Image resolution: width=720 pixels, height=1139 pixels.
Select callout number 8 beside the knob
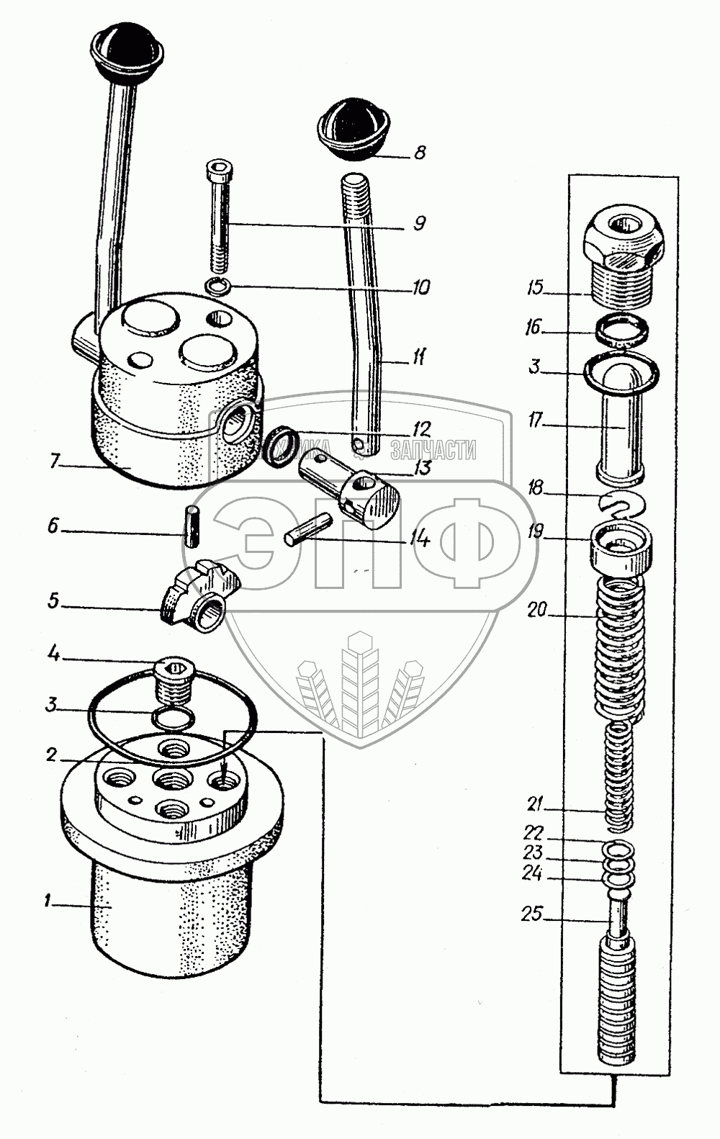click(419, 153)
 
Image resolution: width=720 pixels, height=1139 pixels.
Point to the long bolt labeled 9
click(219, 216)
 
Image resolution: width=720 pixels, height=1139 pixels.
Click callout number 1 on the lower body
click(48, 901)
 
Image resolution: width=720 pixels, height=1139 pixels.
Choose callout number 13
click(422, 469)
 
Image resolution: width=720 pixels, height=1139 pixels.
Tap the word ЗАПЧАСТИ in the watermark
click(433, 451)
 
